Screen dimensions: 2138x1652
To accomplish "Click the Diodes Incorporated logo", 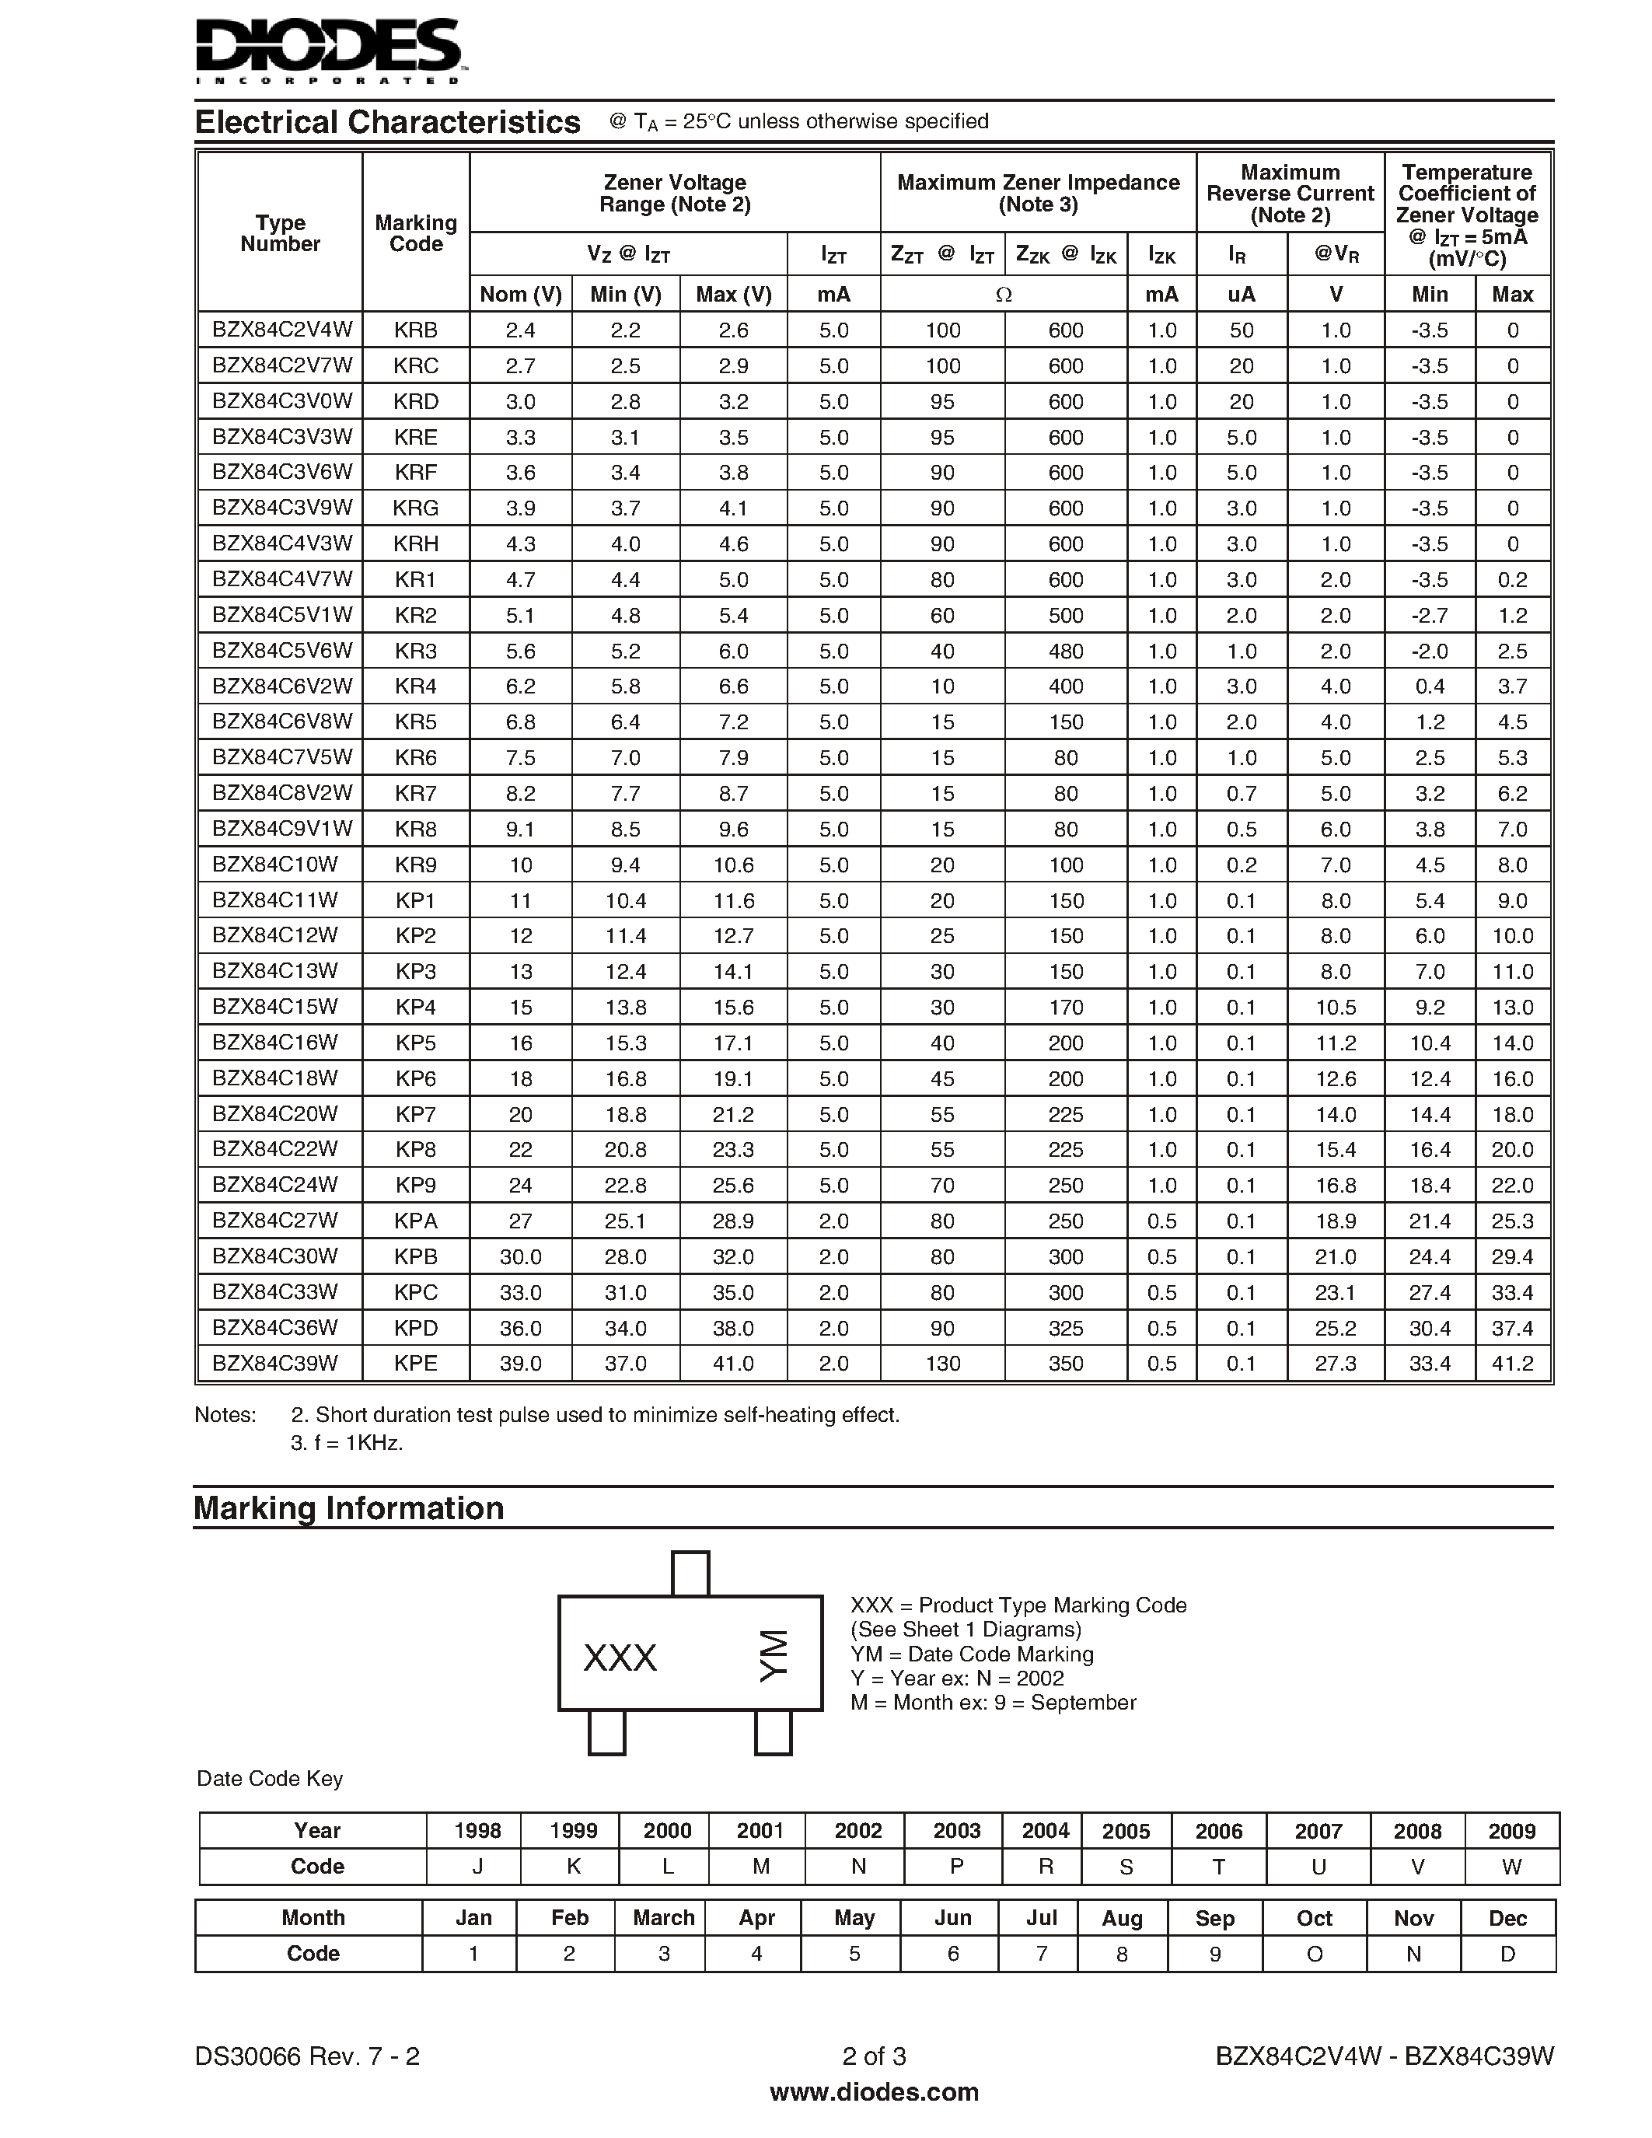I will pyautogui.click(x=329, y=49).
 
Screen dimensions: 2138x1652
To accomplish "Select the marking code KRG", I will pyautogui.click(x=416, y=508).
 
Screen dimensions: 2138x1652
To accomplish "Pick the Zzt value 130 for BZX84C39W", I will pyautogui.click(x=942, y=1363).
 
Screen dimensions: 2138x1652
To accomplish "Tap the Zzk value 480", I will pyautogui.click(x=1065, y=651).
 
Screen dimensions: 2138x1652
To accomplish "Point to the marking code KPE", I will pyautogui.click(x=416, y=1363).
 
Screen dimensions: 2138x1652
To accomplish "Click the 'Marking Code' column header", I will pyautogui.click(x=416, y=233).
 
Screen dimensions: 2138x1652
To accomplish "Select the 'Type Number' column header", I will pyautogui.click(x=280, y=233).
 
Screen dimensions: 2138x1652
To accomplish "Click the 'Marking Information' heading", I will pyautogui.click(x=348, y=1508).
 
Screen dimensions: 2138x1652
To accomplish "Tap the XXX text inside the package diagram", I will pyautogui.click(x=620, y=1658).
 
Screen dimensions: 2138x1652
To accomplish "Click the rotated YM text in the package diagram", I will pyautogui.click(x=774, y=1655).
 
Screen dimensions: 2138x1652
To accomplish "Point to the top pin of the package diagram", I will pyautogui.click(x=690, y=1573).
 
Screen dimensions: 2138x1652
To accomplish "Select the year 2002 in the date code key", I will pyautogui.click(x=857, y=1831).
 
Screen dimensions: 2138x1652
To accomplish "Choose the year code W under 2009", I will pyautogui.click(x=1511, y=1867).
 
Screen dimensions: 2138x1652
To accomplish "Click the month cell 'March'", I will pyautogui.click(x=664, y=1918).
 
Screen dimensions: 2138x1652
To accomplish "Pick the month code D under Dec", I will pyautogui.click(x=1507, y=1954).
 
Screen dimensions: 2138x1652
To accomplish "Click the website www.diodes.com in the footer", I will pyautogui.click(x=874, y=2092).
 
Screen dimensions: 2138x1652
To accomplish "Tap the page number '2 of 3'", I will pyautogui.click(x=874, y=2056).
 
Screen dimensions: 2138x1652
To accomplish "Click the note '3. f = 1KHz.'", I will pyautogui.click(x=348, y=1443).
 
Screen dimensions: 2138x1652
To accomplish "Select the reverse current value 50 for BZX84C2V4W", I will pyautogui.click(x=1241, y=330).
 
